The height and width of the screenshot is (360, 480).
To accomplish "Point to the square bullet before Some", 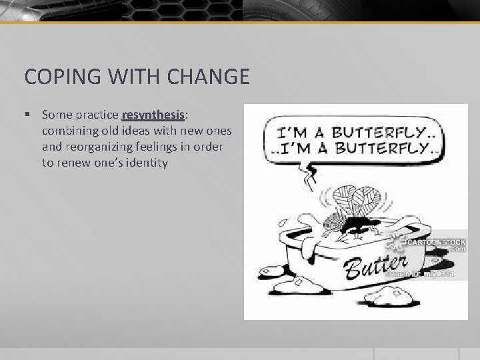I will tap(27, 115).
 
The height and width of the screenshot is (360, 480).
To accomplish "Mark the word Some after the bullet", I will tap(55, 115).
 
